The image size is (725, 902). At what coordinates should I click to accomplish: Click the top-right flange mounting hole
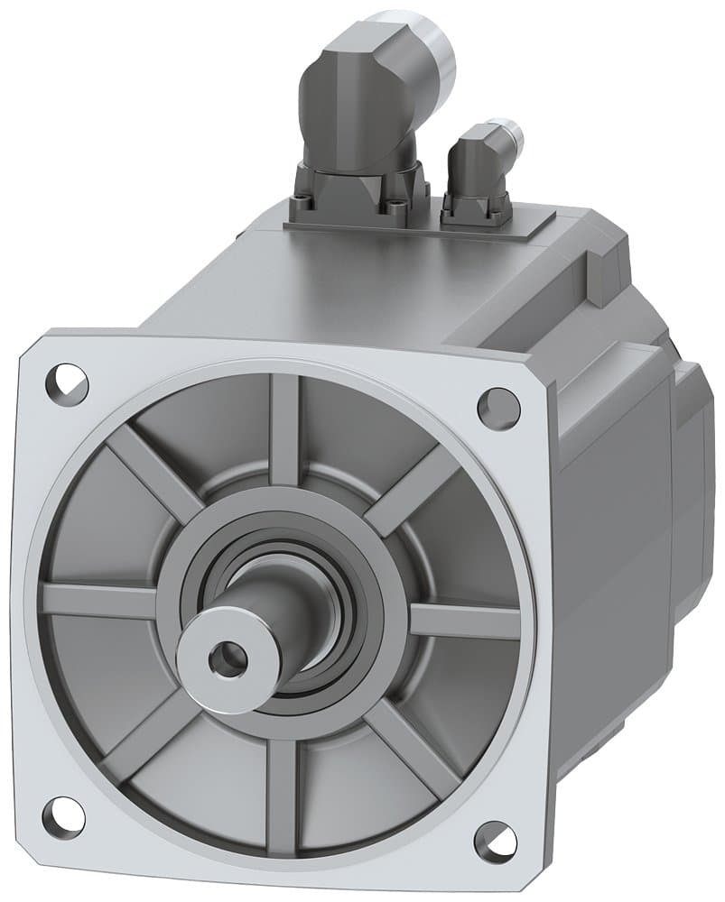pyautogui.click(x=497, y=408)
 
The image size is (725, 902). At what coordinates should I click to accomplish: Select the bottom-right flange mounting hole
pyautogui.click(x=495, y=841)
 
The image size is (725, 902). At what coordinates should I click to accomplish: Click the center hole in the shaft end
pyautogui.click(x=226, y=660)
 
